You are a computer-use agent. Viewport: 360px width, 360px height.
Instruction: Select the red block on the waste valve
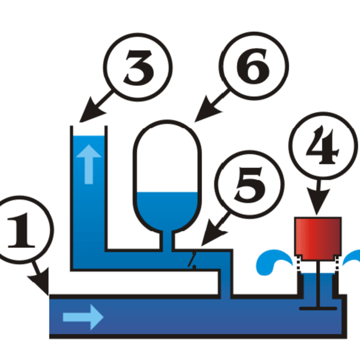point(318,239)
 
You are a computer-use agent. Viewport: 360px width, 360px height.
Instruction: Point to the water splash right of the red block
point(353,259)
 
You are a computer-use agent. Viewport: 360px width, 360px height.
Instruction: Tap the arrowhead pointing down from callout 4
point(318,208)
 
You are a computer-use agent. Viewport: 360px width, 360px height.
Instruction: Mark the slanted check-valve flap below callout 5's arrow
point(193,261)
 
